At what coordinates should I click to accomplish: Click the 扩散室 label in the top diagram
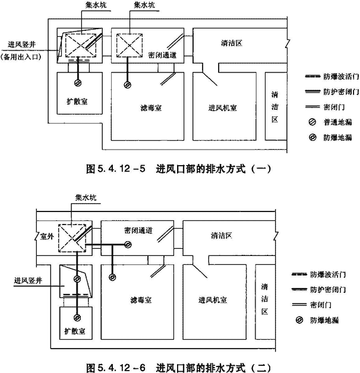pos(77,102)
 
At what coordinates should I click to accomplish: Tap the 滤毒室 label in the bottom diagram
pos(141,300)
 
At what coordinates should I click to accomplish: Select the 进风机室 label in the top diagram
pos(222,108)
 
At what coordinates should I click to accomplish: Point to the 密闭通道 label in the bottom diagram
pos(138,230)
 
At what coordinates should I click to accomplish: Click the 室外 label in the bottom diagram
pos(47,236)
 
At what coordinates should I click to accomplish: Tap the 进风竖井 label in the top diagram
pos(21,45)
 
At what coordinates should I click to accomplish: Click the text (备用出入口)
pos(21,57)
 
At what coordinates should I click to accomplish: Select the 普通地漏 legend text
pos(337,122)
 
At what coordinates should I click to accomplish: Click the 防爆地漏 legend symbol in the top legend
pos(312,137)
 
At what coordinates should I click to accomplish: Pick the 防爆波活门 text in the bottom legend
pos(328,275)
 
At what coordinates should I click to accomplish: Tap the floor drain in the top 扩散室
pos(78,83)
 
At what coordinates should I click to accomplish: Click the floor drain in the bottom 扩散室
pos(77,318)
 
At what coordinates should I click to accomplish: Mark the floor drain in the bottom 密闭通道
pos(128,245)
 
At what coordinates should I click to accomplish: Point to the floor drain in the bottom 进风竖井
pos(77,279)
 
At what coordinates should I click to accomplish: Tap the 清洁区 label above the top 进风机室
pos(232,43)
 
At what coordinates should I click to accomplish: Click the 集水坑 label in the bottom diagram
pos(86,198)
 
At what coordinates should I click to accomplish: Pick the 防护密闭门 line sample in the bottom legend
pos(299,289)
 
